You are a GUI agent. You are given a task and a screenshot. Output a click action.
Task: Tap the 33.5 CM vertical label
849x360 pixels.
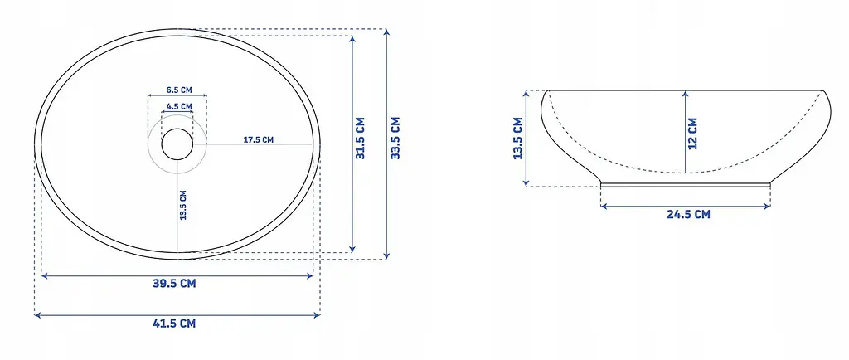tap(395, 138)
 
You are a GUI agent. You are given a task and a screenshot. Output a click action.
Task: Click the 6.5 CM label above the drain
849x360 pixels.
tap(179, 90)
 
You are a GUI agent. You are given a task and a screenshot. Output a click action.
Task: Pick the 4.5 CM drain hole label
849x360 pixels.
tap(179, 106)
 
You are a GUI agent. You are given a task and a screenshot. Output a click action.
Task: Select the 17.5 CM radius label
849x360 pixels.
tap(259, 139)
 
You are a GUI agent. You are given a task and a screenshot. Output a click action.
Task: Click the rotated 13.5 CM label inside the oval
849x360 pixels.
tap(183, 205)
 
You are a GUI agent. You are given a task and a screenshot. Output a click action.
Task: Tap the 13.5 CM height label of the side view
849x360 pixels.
tap(518, 138)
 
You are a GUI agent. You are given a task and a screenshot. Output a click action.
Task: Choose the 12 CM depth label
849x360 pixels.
tap(692, 134)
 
